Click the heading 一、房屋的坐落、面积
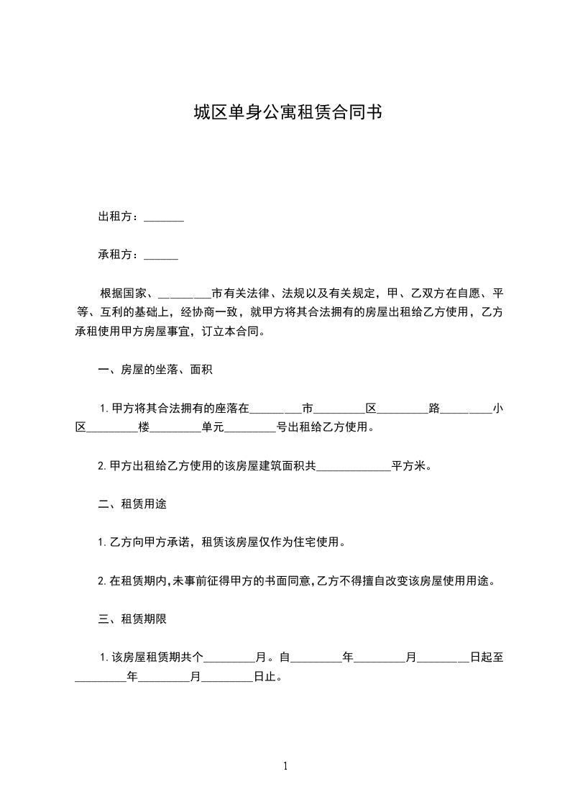click(x=155, y=370)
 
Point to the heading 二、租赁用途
click(x=132, y=503)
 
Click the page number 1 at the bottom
click(x=285, y=766)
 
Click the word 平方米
click(x=409, y=465)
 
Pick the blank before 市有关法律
click(x=184, y=293)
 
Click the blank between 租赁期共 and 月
click(x=230, y=657)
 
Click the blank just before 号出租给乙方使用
click(x=251, y=428)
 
